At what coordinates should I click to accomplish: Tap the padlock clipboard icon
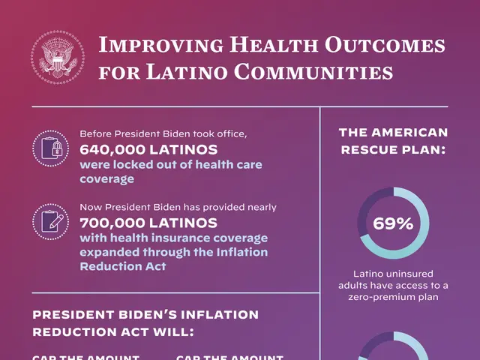tap(51, 148)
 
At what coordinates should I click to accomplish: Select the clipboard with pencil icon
tap(51, 220)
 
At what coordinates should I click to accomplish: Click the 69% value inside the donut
tap(394, 223)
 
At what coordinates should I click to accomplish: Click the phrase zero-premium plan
tap(394, 297)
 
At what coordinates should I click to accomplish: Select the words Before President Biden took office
tap(163, 134)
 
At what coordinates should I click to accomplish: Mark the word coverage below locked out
tap(107, 179)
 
